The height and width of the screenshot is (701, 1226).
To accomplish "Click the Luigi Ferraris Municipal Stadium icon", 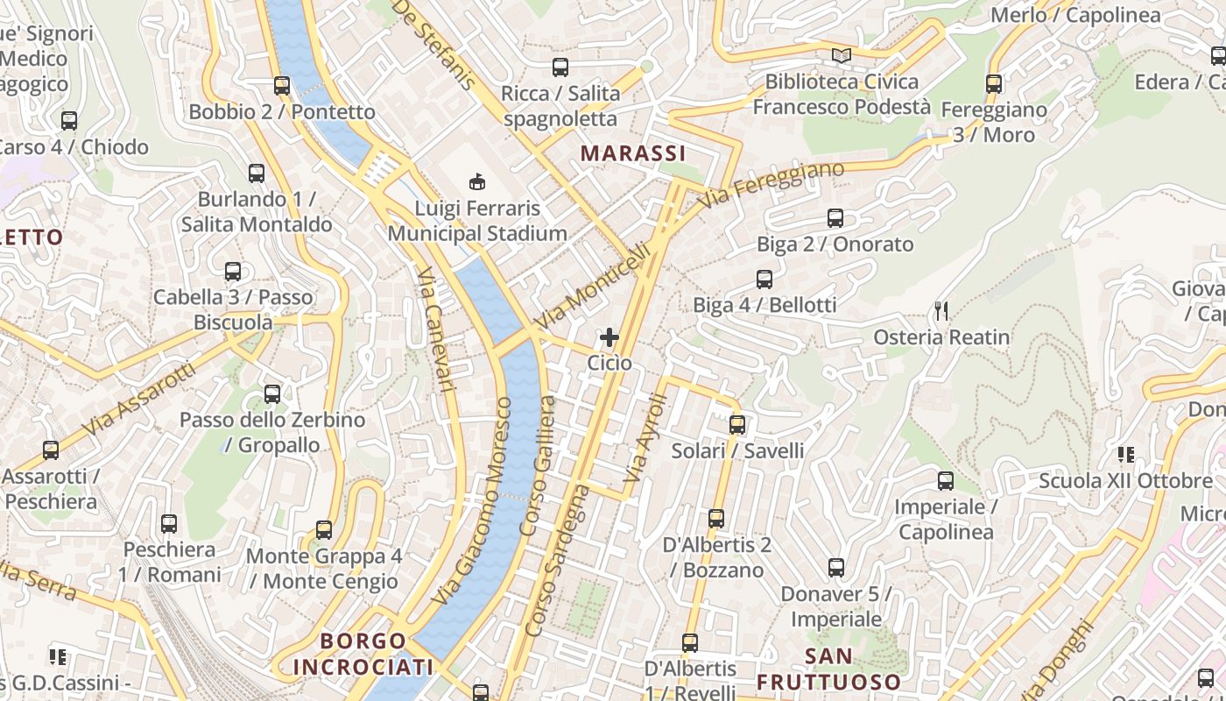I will pyautogui.click(x=477, y=182).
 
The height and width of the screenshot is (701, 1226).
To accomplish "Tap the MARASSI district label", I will pyautogui.click(x=632, y=153).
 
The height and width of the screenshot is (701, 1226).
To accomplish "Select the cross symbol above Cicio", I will pyautogui.click(x=609, y=336).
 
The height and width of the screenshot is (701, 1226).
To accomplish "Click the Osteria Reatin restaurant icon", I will pyautogui.click(x=941, y=310).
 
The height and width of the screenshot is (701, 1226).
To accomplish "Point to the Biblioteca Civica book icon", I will pyautogui.click(x=841, y=56).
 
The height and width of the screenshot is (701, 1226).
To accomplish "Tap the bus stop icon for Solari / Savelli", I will pyautogui.click(x=737, y=425).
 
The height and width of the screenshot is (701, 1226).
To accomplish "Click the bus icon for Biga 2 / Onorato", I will pyautogui.click(x=835, y=218).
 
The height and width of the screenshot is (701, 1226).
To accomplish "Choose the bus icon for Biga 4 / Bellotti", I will pyautogui.click(x=764, y=280).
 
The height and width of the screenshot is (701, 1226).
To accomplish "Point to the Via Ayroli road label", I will pyautogui.click(x=646, y=438).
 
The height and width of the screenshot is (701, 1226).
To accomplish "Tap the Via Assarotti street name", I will pyautogui.click(x=140, y=400).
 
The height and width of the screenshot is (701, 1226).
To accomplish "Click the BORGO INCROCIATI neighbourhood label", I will pyautogui.click(x=363, y=654).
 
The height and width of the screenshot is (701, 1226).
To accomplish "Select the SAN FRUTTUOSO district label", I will pyautogui.click(x=828, y=669).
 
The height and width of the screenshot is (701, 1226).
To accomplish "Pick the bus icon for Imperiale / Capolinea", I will pyautogui.click(x=946, y=481).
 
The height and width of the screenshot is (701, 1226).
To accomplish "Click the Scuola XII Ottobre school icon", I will pyautogui.click(x=1125, y=455).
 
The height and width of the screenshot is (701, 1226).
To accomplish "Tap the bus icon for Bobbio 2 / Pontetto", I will pyautogui.click(x=282, y=86).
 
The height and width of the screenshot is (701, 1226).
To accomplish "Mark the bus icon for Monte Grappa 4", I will pyautogui.click(x=324, y=530).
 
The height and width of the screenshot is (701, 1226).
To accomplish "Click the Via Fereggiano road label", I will pyautogui.click(x=773, y=184).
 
